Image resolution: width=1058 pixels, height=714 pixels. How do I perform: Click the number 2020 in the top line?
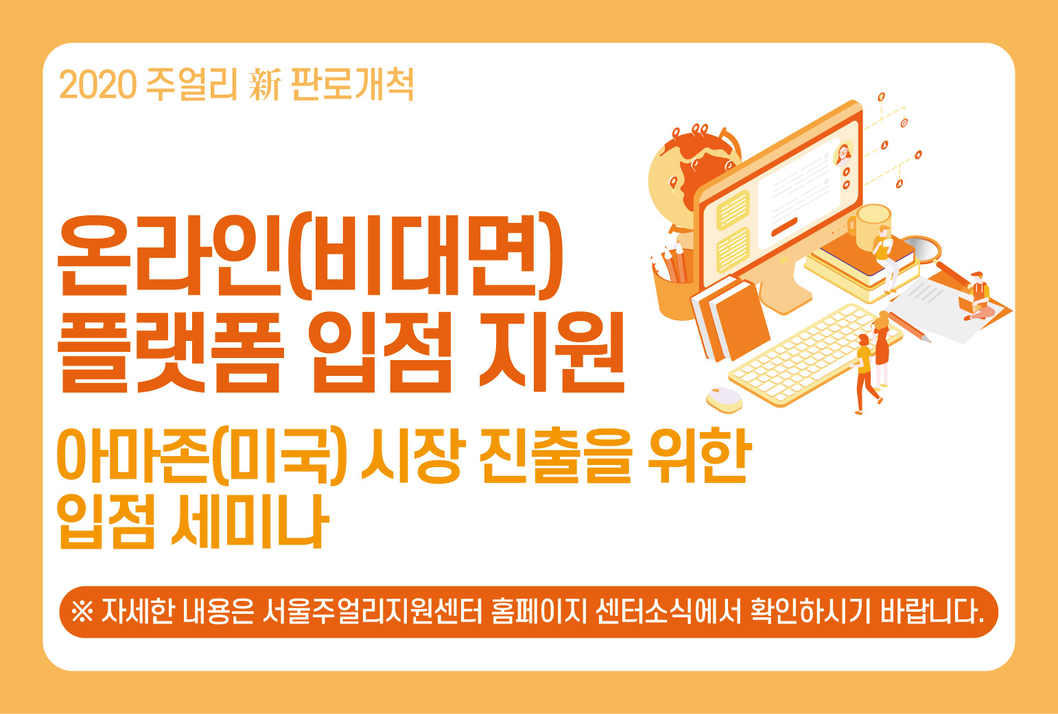(98, 84)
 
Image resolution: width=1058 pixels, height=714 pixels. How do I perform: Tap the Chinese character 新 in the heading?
(265, 84)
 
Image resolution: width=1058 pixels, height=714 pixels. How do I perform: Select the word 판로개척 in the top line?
(353, 84)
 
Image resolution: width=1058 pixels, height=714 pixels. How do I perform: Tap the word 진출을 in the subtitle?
(556, 455)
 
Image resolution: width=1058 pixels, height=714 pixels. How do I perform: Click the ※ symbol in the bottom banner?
(82, 612)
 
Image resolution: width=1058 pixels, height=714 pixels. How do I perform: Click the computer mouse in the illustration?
(724, 399)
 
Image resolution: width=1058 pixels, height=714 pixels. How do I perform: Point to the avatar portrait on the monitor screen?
(843, 154)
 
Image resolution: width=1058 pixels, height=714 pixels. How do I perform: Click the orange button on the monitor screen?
(784, 226)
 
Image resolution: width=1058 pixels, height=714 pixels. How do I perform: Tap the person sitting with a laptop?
(978, 296)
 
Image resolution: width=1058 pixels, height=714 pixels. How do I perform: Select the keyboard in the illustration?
(815, 354)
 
